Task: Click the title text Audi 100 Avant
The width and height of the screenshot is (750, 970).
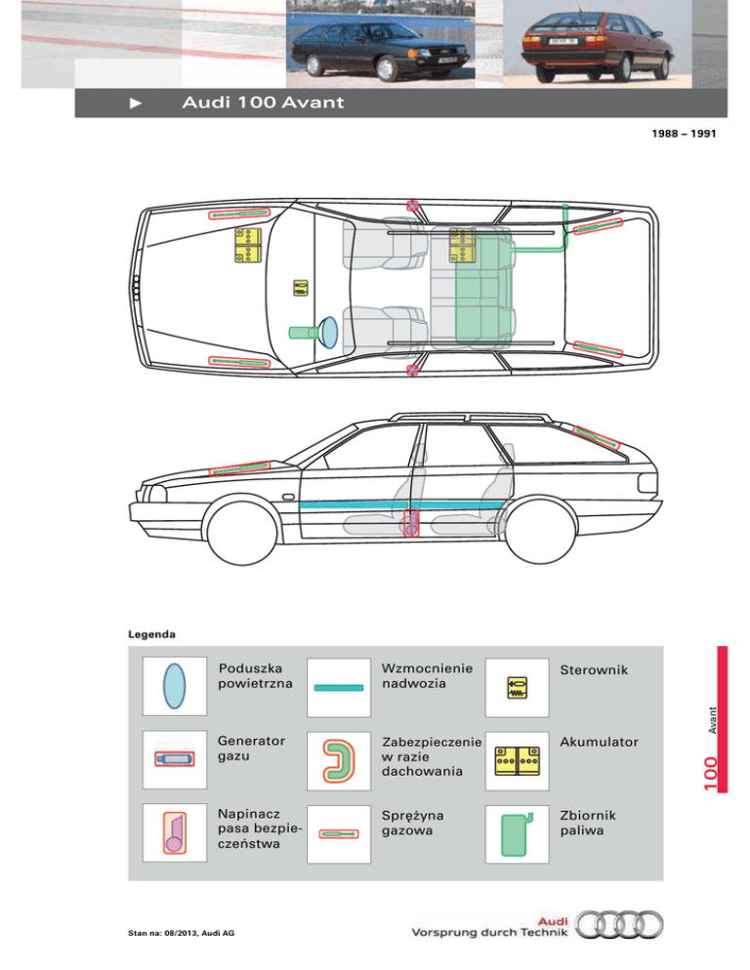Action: [262, 103]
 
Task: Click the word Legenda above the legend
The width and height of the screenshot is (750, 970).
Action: [152, 634]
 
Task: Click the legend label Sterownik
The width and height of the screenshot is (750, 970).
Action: [595, 671]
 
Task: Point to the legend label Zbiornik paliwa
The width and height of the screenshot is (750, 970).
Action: [587, 824]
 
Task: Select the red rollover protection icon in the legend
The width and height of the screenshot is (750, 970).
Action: [338, 762]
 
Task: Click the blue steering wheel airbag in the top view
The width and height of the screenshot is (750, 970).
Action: [328, 332]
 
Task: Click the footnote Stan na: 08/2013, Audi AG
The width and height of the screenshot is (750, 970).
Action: [182, 933]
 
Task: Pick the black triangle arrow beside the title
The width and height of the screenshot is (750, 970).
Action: [136, 103]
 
